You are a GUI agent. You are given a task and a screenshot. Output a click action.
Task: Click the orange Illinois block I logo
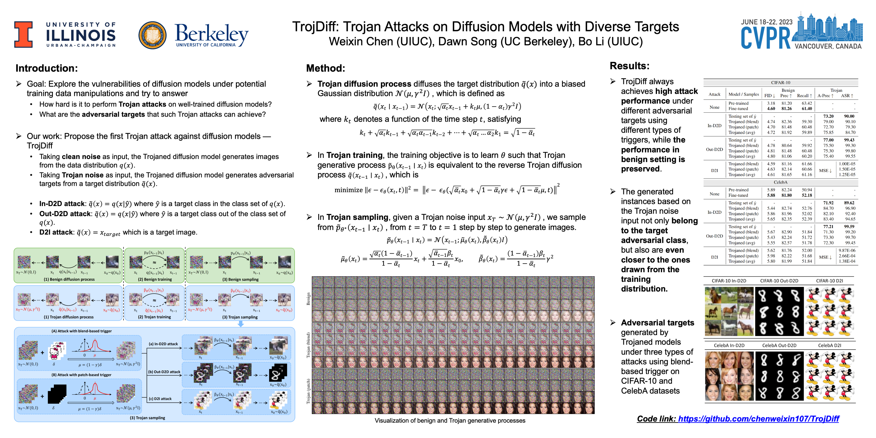pyautogui.click(x=23, y=34)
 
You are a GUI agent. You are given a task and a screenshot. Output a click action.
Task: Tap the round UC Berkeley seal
pyautogui.click(x=152, y=35)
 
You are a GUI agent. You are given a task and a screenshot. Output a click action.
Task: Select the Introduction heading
pyautogui.click(x=47, y=68)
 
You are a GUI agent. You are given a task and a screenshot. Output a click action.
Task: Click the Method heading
pyautogui.click(x=325, y=68)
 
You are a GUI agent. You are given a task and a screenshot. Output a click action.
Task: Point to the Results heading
pyautogui.click(x=629, y=66)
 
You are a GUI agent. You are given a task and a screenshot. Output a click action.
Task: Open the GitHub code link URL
pyautogui.click(x=758, y=419)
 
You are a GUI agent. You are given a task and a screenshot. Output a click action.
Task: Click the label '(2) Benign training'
pyautogui.click(x=155, y=279)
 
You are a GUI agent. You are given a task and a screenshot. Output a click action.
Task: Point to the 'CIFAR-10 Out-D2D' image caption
pyautogui.click(x=779, y=281)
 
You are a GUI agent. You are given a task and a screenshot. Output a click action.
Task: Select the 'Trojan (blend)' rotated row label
pyautogui.click(x=308, y=345)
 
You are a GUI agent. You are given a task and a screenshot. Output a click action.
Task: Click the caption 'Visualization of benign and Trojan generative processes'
pyautogui.click(x=450, y=421)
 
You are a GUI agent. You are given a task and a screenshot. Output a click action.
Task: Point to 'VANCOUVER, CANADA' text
pyautogui.click(x=828, y=46)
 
